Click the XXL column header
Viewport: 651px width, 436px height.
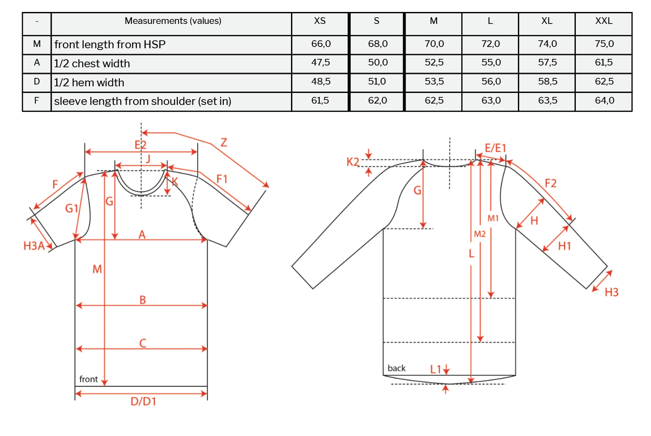click(x=604, y=21)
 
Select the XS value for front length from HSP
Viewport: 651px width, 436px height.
click(x=321, y=44)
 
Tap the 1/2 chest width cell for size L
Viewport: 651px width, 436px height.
click(x=491, y=62)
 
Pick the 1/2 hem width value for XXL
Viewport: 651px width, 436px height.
click(x=604, y=81)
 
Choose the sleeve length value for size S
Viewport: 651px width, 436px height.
click(x=377, y=100)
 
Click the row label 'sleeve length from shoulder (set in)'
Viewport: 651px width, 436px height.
click(x=142, y=101)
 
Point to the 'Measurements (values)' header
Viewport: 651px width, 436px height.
click(x=173, y=21)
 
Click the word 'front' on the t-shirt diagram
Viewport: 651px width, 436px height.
click(x=88, y=379)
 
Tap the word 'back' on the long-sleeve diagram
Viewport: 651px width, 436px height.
click(x=396, y=368)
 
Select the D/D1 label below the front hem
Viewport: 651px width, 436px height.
click(x=143, y=401)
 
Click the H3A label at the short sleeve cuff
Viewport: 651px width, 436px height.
click(x=34, y=246)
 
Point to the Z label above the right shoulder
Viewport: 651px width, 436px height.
click(x=224, y=143)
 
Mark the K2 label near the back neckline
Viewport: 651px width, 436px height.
click(x=352, y=162)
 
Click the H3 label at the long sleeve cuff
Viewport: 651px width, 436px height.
click(x=611, y=292)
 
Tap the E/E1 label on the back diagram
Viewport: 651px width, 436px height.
click(x=495, y=148)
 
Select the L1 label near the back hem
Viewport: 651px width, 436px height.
click(x=436, y=369)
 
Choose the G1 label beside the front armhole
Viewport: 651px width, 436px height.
click(x=72, y=208)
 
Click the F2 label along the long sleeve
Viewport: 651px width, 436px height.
click(x=550, y=183)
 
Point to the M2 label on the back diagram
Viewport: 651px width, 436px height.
click(x=480, y=234)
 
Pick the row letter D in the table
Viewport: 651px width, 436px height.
click(x=37, y=81)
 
